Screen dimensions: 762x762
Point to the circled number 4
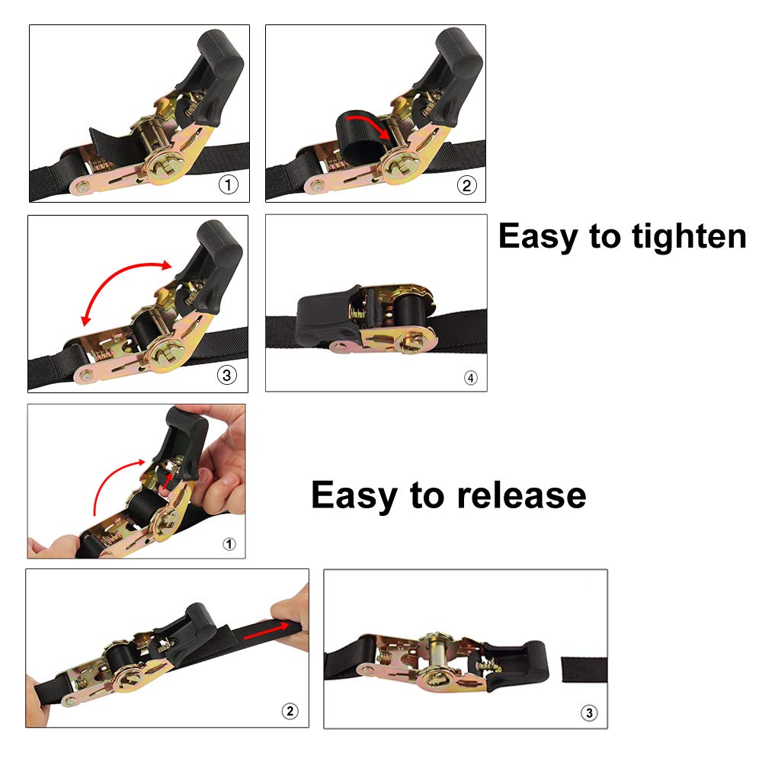point(470,377)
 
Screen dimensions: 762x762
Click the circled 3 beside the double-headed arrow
point(227,375)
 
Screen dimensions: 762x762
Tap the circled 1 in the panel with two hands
point(229,544)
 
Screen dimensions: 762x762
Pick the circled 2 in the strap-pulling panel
point(290,712)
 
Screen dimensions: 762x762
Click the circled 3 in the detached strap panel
point(588,713)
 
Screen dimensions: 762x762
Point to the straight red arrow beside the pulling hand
point(267,629)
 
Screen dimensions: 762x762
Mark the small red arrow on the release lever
point(167,479)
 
